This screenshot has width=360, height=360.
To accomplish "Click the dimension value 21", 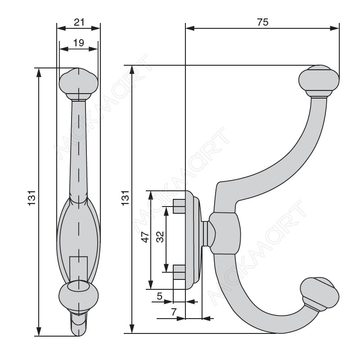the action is coord(79,22).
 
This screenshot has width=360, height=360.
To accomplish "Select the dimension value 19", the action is coord(79,43).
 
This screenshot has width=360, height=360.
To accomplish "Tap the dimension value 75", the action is coord(263,22).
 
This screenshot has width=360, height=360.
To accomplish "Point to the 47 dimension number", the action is coord(145,237).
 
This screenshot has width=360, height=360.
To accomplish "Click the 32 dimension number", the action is coord(160,237).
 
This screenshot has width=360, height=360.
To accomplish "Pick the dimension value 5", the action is coord(160,296).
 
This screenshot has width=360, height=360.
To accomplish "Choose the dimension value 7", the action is coord(174,312).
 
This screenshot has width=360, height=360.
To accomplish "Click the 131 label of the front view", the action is coord(32,198).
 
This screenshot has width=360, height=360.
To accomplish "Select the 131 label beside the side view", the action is coord(126,198).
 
